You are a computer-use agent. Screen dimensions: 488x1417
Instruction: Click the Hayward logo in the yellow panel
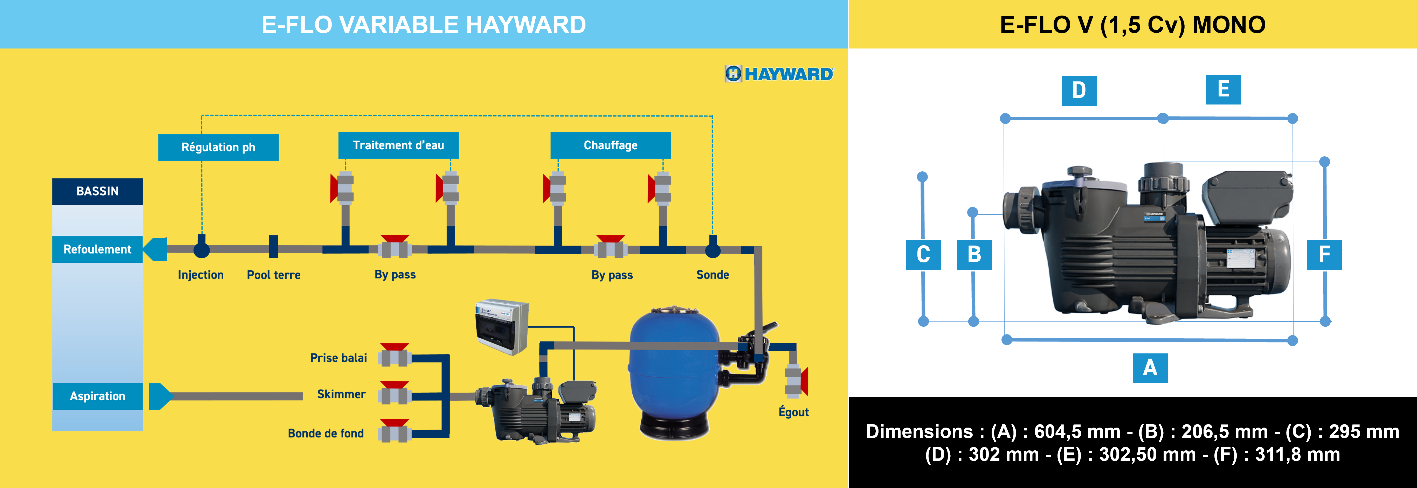(x=779, y=74)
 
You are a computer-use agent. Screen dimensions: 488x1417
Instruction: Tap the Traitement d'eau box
(x=398, y=145)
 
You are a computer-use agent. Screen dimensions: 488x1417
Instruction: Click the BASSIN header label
(x=97, y=191)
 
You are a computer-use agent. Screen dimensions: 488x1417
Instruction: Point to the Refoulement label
(x=97, y=249)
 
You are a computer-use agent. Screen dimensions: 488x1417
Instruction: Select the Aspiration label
(x=97, y=396)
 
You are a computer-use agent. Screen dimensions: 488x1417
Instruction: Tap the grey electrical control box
(x=502, y=326)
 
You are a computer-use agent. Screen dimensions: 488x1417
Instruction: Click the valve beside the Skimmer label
(x=395, y=394)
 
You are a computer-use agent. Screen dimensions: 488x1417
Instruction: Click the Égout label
(x=793, y=412)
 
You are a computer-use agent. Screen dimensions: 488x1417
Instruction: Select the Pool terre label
(x=273, y=275)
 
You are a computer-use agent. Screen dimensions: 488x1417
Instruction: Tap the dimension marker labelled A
(x=1150, y=367)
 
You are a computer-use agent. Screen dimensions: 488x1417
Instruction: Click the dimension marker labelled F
(x=1324, y=255)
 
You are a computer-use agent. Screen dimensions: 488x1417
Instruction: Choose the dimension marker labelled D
(x=1079, y=91)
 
